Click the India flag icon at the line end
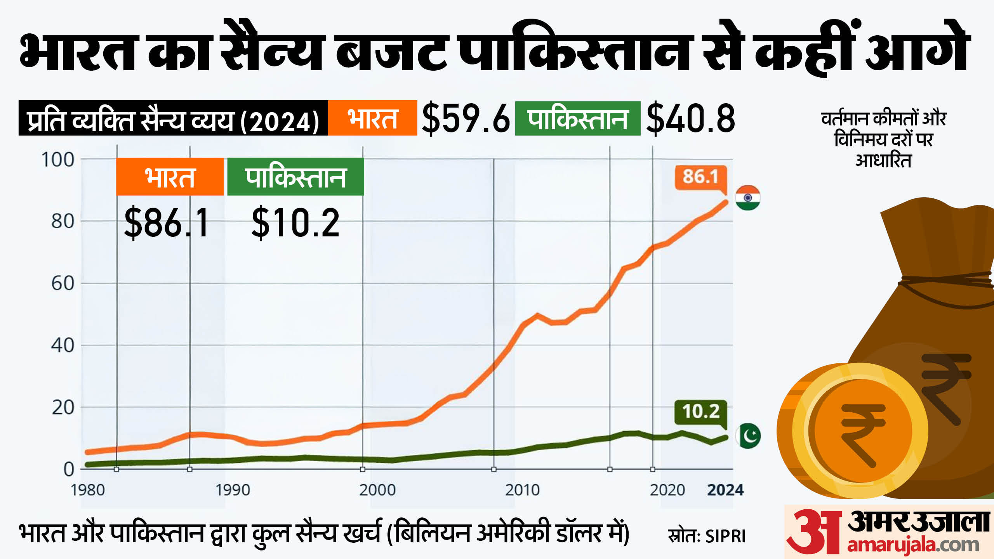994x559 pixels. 748,198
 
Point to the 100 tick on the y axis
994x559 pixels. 58,160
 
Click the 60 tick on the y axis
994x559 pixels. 63,284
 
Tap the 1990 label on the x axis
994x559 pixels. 233,490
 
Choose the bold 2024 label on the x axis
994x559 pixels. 725,490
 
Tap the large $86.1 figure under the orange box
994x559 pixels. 167,222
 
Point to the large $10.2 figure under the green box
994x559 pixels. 295,222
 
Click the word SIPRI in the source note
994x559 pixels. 725,536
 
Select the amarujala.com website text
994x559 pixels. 913,545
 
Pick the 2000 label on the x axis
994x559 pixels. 377,490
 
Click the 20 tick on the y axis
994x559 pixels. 63,408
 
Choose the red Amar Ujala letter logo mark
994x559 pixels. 814,531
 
